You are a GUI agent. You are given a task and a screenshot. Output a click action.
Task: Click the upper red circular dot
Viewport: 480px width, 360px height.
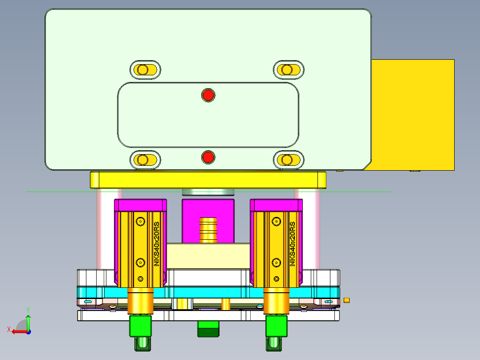[x=208, y=95]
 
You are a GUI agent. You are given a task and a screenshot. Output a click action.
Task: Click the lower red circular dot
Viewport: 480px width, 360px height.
[x=208, y=157]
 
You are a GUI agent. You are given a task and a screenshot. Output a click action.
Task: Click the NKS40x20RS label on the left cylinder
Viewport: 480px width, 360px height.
[x=156, y=244]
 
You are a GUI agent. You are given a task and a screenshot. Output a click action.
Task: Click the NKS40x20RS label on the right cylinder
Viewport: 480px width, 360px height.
[x=293, y=244]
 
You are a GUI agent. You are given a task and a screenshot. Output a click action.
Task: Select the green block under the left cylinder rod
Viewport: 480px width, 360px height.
[x=140, y=326]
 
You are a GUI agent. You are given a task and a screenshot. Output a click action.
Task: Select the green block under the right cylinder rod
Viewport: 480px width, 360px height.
[x=277, y=326]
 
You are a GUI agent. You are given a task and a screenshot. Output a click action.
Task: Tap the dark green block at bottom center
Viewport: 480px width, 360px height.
[x=208, y=330]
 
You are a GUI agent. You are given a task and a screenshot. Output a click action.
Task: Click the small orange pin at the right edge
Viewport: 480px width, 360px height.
[x=347, y=300]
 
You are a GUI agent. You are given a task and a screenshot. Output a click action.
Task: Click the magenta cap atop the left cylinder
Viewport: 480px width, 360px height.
[x=141, y=205]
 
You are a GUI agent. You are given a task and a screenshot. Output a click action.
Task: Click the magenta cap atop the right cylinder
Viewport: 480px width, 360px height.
[x=276, y=205]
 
